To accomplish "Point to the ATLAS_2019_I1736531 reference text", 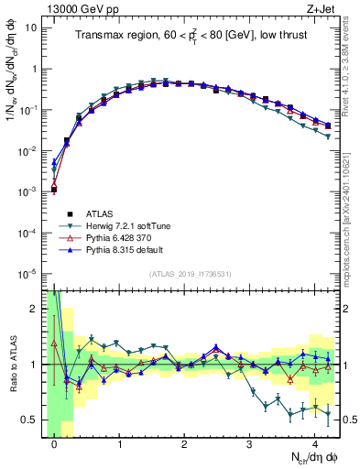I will [190, 274].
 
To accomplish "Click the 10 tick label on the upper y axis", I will [31, 27].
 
